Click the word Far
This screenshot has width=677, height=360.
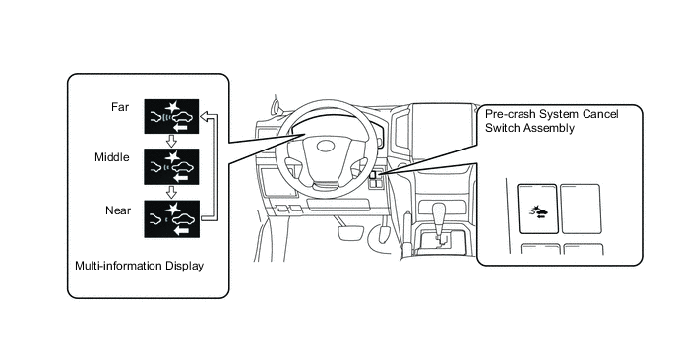coord(120,107)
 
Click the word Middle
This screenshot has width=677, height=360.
coord(112,157)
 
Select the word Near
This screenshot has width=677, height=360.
coord(118,210)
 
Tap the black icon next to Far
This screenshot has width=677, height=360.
coord(171,116)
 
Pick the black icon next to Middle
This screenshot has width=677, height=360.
coord(171,166)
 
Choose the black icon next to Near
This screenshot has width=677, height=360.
coord(172,218)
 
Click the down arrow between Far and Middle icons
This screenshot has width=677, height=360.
coord(171,141)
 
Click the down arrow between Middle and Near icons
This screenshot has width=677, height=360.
coord(171,192)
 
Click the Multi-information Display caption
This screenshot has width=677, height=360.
coord(139,266)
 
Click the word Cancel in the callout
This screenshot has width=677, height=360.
coord(600,114)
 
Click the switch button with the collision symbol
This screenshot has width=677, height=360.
coord(537,209)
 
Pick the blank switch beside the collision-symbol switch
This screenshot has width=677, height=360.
coord(581,209)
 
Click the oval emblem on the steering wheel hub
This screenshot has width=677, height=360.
coord(326,147)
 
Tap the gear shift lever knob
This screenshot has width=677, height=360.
coord(439,213)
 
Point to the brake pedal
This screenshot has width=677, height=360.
coord(349,231)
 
